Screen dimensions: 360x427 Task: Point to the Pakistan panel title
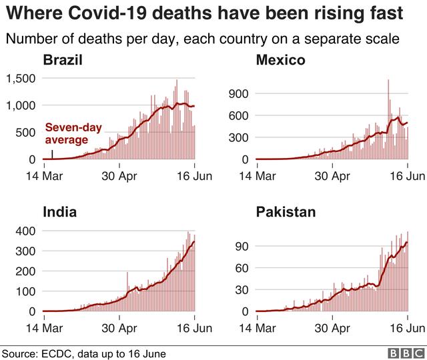click(286, 213)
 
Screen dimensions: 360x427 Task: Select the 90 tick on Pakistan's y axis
click(242, 246)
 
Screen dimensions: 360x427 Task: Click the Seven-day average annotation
click(67, 133)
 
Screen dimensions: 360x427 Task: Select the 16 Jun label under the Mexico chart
click(407, 175)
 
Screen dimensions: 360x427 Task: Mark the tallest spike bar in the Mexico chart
click(388, 81)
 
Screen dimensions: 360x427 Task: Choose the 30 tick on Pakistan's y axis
click(242, 289)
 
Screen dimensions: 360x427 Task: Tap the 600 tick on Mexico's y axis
click(240, 116)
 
